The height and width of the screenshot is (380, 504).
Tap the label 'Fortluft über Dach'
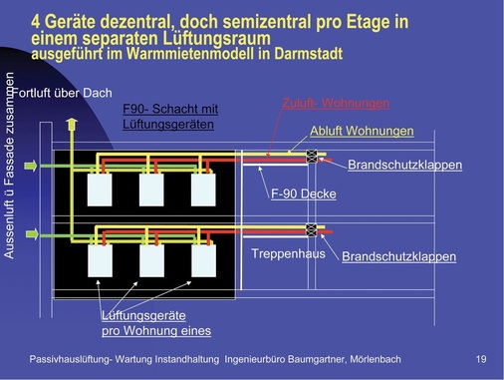click(x=62, y=92)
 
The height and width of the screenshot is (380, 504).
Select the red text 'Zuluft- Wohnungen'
click(x=336, y=103)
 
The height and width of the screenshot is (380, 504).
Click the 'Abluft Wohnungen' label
click(x=362, y=131)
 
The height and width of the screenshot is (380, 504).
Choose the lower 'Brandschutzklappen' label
click(x=398, y=256)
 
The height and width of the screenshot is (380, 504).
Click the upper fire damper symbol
click(x=312, y=156)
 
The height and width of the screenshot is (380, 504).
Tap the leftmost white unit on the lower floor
click(x=101, y=261)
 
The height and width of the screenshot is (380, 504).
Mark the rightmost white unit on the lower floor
click(x=203, y=261)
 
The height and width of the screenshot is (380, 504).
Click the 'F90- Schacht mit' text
click(x=169, y=108)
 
